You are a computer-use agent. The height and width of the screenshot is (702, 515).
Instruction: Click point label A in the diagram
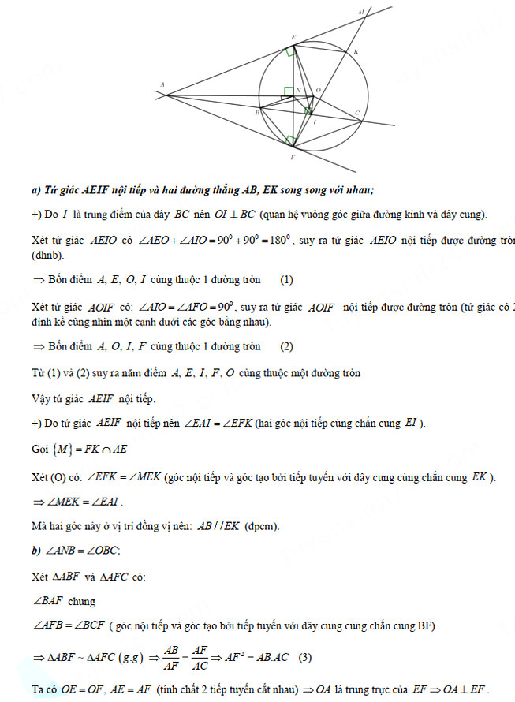point(162,85)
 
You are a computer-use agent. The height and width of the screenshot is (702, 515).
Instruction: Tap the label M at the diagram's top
point(361,12)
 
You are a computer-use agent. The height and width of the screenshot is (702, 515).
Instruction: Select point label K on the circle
point(356,52)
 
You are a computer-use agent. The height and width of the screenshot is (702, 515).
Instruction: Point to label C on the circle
point(357,113)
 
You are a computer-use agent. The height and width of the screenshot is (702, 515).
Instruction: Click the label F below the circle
point(293,158)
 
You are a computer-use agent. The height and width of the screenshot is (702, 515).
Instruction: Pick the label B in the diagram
point(258,114)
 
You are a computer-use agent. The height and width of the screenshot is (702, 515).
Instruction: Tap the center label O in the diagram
point(318,91)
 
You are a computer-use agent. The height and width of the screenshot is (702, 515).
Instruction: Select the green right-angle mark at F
point(292,140)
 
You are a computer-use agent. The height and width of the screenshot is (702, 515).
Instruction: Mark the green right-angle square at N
point(289,91)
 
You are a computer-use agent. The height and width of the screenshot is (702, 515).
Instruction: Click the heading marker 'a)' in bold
point(36,190)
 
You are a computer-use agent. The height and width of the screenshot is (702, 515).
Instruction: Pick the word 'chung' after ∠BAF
point(82,601)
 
